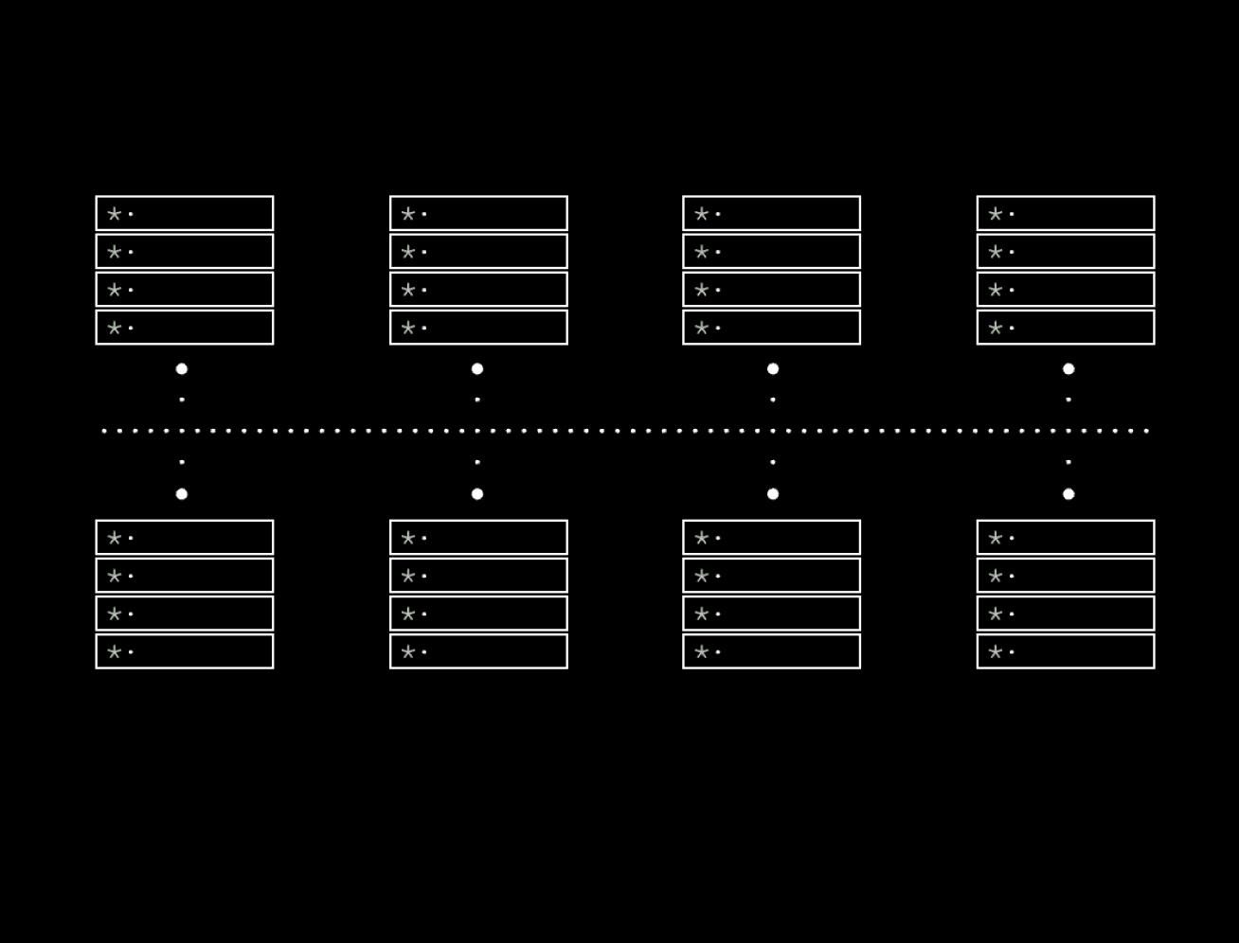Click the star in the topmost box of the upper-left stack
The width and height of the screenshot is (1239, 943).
point(115,214)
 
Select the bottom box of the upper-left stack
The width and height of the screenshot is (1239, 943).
point(185,328)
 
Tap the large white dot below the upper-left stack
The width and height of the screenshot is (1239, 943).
point(182,369)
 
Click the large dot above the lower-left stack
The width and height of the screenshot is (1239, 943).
point(182,494)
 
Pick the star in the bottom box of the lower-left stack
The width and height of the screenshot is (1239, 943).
point(115,651)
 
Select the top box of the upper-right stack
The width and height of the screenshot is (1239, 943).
point(1066,214)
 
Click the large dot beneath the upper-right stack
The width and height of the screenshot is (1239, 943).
point(1068,369)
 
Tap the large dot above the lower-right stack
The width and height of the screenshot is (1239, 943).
point(1068,494)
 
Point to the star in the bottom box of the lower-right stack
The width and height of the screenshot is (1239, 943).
point(996,651)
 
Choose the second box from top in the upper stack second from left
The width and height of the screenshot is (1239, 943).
point(478,252)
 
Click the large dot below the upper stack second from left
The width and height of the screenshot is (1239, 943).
point(477,369)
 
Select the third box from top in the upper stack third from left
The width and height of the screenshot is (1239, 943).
point(771,290)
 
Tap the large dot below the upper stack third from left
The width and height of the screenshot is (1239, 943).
point(773,369)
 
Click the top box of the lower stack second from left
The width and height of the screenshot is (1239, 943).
point(478,538)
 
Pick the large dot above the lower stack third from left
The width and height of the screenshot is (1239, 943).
point(773,494)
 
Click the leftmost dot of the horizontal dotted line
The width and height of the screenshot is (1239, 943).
point(104,431)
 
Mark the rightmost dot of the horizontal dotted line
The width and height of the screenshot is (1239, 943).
point(1146,431)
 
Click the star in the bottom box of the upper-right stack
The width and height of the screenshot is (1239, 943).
point(996,328)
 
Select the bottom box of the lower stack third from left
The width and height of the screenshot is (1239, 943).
point(771,651)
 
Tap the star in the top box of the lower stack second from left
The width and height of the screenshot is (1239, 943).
point(408,538)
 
